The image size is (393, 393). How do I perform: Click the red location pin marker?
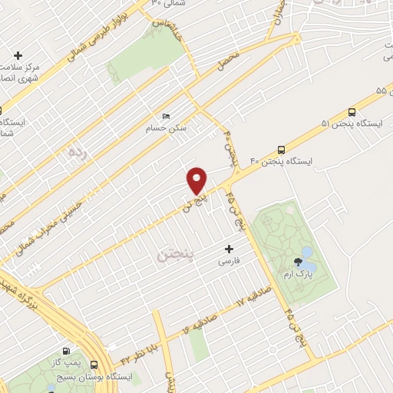point(197,181)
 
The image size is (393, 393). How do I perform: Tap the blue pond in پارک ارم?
point(307,253)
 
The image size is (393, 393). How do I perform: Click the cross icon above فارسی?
point(229,249)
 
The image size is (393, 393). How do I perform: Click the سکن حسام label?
point(167,127)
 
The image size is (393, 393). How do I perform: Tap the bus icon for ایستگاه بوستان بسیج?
point(94,365)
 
